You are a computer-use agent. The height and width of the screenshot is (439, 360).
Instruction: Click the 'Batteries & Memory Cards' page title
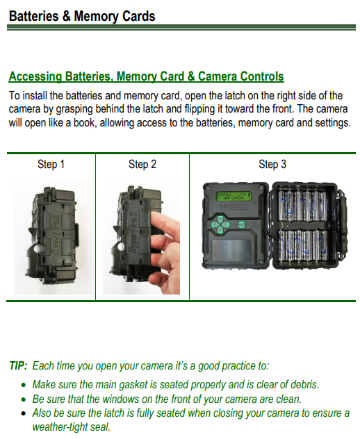click(82, 15)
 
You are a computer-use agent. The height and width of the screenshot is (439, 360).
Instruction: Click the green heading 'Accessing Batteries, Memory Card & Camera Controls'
click(146, 76)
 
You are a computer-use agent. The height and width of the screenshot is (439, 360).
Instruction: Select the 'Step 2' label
click(142, 165)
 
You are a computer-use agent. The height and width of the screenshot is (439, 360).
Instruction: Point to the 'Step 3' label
click(272, 165)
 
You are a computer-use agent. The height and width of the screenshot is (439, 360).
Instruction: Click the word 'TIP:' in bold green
click(19, 366)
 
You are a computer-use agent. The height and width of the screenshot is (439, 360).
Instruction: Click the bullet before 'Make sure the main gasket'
click(24, 385)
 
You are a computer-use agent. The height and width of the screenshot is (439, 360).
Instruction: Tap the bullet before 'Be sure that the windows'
click(24, 399)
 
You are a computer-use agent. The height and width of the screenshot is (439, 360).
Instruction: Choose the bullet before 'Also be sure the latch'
click(24, 414)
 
